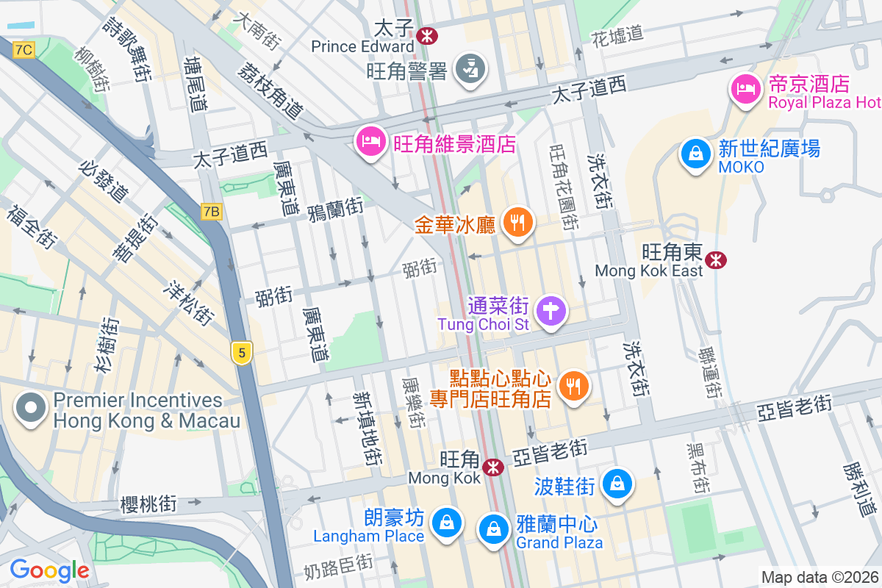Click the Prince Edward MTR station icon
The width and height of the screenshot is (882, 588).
point(426,35)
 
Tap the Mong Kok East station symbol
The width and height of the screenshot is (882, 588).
point(715,259)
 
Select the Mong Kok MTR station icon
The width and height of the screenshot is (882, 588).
point(492,467)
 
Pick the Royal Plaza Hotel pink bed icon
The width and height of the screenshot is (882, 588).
point(745,90)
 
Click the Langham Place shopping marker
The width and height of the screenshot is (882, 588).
point(445,523)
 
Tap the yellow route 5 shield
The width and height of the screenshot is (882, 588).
point(240,353)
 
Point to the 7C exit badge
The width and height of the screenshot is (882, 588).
point(24,49)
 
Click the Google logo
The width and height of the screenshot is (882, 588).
point(49,570)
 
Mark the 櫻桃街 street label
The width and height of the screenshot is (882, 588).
point(148,504)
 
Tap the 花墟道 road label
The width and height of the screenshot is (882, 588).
point(617,33)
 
